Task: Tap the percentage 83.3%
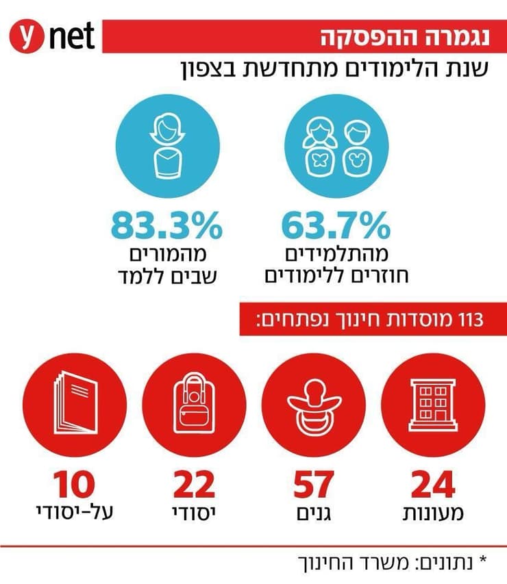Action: pos(167,225)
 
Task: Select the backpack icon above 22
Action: pos(194,404)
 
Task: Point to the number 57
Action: pos(314,485)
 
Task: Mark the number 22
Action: pos(194,485)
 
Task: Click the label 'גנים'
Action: pos(314,513)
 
